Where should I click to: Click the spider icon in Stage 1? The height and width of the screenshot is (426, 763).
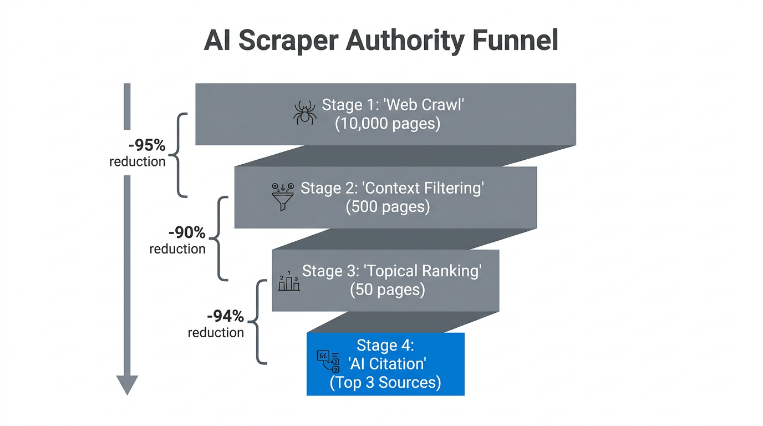(x=304, y=113)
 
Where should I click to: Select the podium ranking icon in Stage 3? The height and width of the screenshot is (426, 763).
(x=289, y=282)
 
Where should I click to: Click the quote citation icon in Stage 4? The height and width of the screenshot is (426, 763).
(x=328, y=361)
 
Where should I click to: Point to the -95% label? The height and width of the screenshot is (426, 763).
(x=147, y=145)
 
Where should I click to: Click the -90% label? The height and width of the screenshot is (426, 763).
(x=187, y=232)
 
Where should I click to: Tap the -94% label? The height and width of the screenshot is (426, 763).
(x=225, y=316)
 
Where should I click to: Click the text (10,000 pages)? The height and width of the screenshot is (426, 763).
(x=388, y=124)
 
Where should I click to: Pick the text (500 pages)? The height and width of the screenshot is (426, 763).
(x=388, y=207)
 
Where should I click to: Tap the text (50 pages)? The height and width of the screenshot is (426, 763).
(x=388, y=290)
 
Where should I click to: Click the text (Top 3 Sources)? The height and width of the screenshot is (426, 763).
(x=385, y=383)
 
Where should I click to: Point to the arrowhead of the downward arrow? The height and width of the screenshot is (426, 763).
(x=127, y=384)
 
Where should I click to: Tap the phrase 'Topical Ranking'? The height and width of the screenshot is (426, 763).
(x=422, y=271)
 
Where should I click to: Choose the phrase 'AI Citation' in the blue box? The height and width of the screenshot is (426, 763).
(x=386, y=364)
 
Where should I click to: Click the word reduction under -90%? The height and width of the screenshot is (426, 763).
(x=177, y=249)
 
